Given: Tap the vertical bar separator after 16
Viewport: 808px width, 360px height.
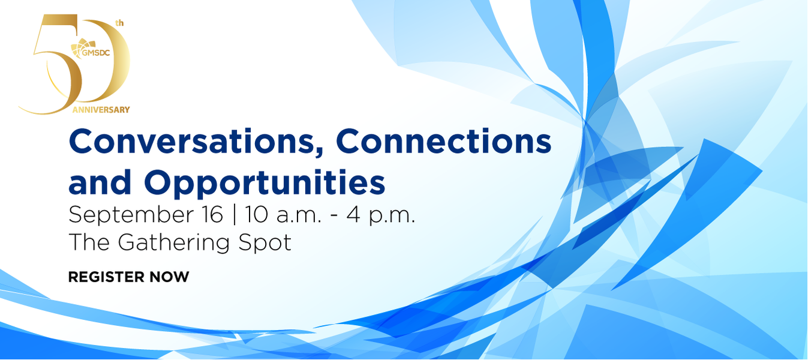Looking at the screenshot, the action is [235, 215].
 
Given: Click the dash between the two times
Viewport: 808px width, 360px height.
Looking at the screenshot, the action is [334, 217].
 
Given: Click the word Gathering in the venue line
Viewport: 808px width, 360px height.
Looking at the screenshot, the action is [173, 243].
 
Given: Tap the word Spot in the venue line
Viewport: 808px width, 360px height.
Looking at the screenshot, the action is [265, 243].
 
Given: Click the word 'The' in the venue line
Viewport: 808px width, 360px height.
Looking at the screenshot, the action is [89, 242].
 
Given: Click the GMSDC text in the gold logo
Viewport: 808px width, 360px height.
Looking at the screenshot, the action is [96, 53].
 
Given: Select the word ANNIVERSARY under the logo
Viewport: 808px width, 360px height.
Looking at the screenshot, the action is [101, 110].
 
